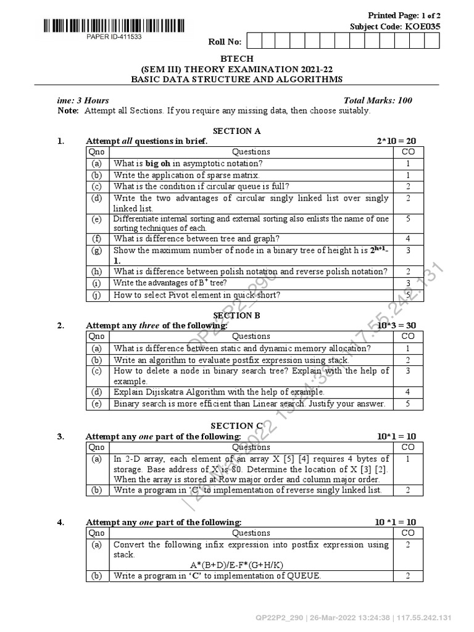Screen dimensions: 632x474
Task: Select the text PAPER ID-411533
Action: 114,37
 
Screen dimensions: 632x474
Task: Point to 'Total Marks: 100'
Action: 378,101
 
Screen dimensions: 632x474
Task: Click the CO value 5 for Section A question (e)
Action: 408,218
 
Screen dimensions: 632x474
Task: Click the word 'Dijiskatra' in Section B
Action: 168,392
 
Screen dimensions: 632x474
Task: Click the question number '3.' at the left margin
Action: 61,436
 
